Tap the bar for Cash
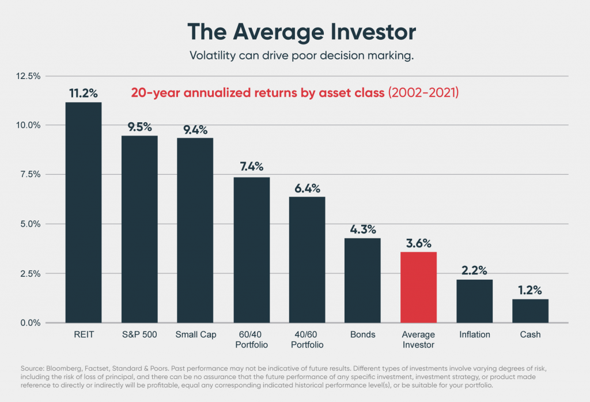pos(530,311)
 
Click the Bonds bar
pos(362,280)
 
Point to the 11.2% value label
pos(84,92)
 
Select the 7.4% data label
pos(251,167)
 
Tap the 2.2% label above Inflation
pos(474,270)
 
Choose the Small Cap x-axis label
pos(195,335)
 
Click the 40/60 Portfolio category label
pos(307,340)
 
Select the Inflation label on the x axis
pos(474,335)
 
